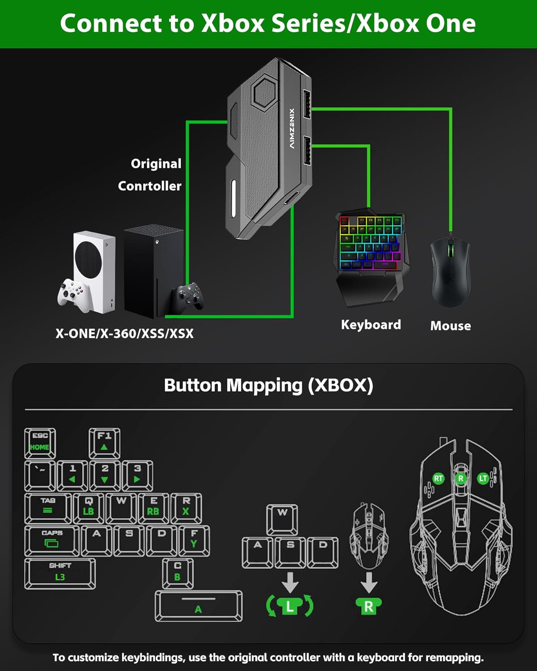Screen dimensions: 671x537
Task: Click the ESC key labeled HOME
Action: click(x=40, y=442)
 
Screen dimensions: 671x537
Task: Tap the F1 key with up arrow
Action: click(x=104, y=442)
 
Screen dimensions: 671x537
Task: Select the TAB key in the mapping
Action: click(x=47, y=507)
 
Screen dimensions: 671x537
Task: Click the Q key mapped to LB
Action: click(x=88, y=507)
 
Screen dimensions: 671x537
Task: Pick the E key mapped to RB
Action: click(x=153, y=507)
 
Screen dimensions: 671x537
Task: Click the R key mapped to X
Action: click(x=186, y=507)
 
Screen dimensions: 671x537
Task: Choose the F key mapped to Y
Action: click(x=194, y=540)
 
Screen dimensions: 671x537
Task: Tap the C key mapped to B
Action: click(x=178, y=573)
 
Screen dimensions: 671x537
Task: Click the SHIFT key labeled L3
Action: click(x=60, y=573)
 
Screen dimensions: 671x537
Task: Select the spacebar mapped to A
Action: click(x=198, y=606)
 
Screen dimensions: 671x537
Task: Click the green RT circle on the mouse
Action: click(x=438, y=479)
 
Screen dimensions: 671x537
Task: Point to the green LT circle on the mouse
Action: click(x=483, y=479)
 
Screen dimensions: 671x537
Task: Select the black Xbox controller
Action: click(x=188, y=296)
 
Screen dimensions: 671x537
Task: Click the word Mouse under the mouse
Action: click(x=450, y=326)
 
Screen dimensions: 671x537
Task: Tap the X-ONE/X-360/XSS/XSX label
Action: click(x=124, y=334)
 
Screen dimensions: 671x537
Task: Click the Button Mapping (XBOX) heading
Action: click(x=268, y=385)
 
